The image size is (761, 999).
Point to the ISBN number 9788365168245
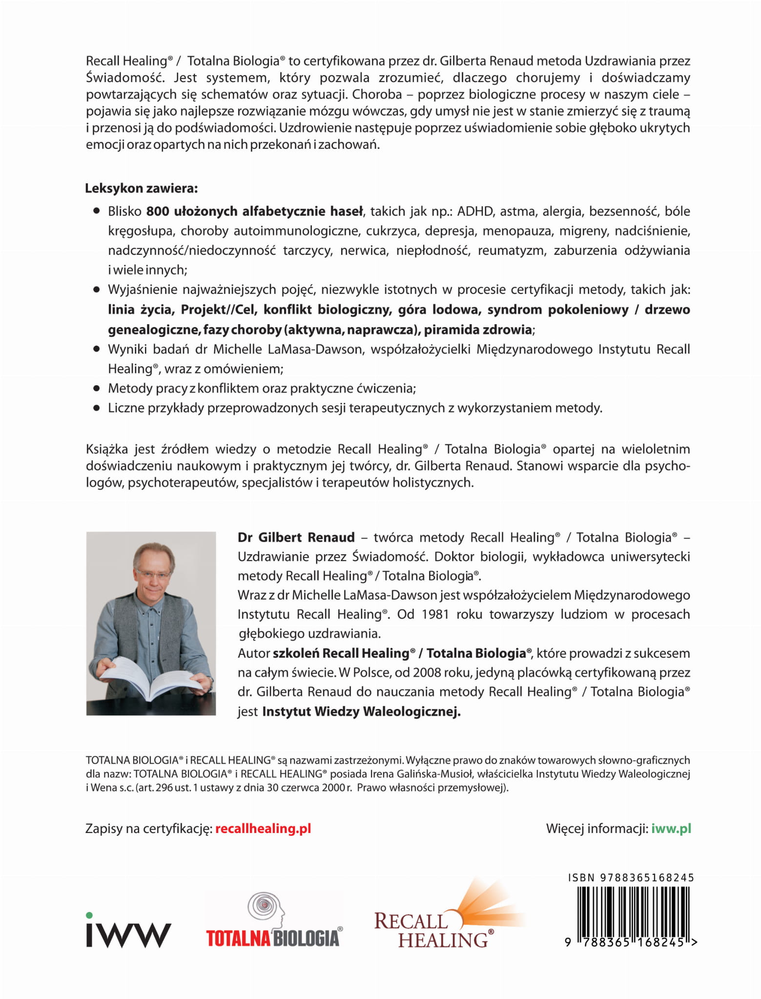(x=631, y=877)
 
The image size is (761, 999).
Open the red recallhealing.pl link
(x=263, y=829)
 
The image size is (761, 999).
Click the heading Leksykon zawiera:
(x=142, y=188)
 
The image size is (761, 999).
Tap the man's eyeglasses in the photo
(x=154, y=574)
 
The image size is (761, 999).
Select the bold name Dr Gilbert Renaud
(x=296, y=538)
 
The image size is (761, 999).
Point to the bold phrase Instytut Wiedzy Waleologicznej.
(x=361, y=711)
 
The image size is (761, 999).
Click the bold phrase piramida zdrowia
(x=477, y=330)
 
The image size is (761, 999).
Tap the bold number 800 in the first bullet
(x=158, y=211)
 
